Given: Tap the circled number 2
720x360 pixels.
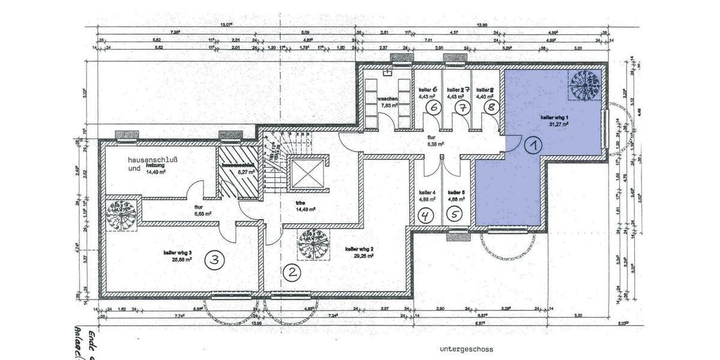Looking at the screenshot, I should pos(292,273).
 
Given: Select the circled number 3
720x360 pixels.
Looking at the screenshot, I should pos(215,260).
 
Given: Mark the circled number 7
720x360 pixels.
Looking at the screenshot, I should pos(463,107).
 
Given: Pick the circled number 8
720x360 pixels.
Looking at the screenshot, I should pos(491,107).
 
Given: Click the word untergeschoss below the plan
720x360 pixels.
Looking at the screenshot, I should pos(466,349).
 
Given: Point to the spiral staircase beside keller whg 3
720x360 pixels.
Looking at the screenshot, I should pos(122,214).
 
